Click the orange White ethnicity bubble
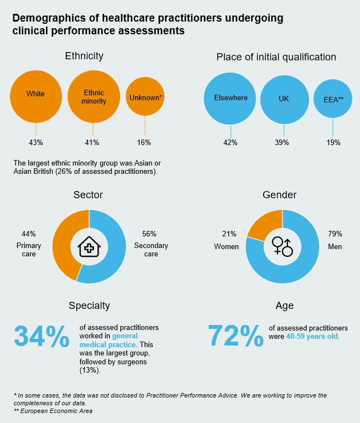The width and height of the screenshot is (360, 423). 36,95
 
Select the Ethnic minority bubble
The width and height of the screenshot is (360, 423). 94,97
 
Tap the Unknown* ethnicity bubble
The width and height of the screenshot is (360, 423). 146,97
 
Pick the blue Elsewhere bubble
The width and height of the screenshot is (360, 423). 230,99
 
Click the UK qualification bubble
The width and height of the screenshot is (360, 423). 284,99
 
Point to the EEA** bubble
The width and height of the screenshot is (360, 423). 333,99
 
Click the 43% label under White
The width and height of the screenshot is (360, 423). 36,142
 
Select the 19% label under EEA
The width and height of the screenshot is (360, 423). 333,142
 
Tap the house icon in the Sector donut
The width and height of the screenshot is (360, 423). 89,246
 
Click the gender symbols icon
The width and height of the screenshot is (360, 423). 282,246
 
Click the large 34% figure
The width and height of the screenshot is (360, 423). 41,336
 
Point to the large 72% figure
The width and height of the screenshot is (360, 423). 235,335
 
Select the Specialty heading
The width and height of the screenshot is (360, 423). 89,306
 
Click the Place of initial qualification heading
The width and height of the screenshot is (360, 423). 276,56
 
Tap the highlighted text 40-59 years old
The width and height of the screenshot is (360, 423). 312,337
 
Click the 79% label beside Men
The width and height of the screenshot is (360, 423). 335,234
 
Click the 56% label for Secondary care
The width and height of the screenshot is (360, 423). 150,234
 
